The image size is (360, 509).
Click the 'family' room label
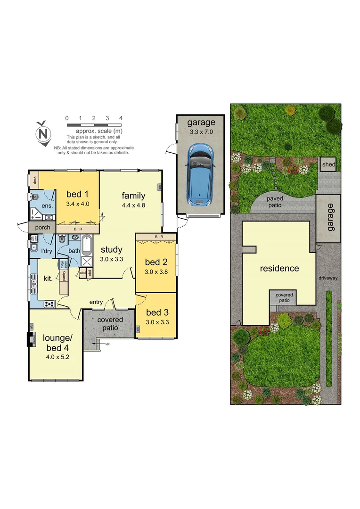click(x=133, y=196)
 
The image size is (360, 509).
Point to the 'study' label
click(x=111, y=250)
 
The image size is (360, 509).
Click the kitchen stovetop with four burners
click(x=49, y=304)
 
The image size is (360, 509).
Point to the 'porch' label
click(x=42, y=228)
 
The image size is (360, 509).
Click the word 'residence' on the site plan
click(x=279, y=268)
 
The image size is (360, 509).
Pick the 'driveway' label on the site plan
click(x=328, y=278)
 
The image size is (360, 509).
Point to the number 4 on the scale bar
click(x=121, y=118)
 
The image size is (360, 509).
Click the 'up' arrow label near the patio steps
click(x=107, y=344)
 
